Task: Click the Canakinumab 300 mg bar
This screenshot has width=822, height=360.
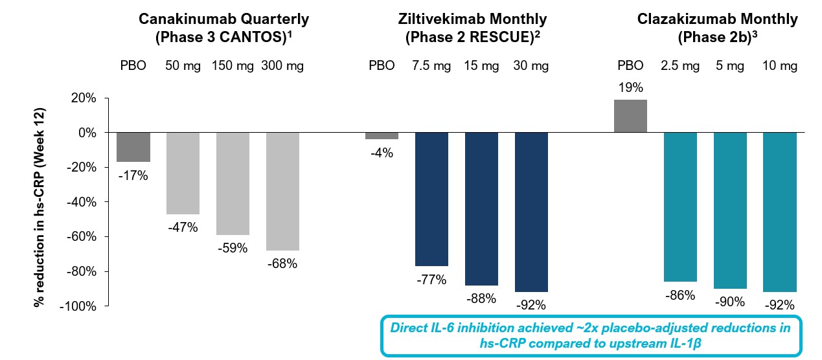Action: tap(282, 191)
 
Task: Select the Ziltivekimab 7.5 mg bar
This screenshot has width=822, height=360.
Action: tap(431, 199)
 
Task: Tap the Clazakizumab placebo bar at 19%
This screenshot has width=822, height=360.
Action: tap(630, 116)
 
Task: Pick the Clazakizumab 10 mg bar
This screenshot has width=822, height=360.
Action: tap(779, 212)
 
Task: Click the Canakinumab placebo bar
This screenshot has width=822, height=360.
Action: tap(133, 147)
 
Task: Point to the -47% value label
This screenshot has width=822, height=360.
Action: tap(183, 227)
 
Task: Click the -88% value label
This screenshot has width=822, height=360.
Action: tap(481, 298)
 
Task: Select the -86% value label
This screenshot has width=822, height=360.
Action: tap(680, 295)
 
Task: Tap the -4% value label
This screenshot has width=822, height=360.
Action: tap(382, 153)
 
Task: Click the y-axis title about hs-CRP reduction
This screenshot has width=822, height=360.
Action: tap(39, 202)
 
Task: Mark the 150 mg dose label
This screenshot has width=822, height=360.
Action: tap(232, 65)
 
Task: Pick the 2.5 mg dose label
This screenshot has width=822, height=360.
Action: tap(680, 65)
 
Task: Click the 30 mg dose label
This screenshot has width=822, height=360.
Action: tap(531, 65)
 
